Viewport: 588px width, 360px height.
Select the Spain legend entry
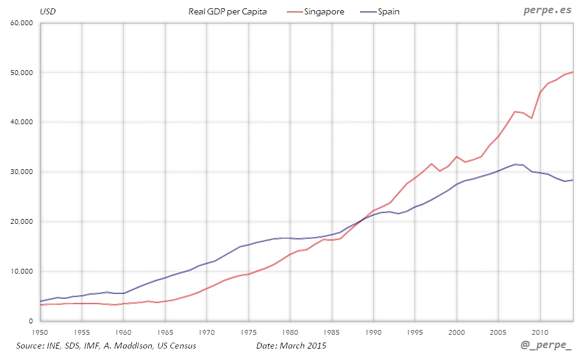pos(389,11)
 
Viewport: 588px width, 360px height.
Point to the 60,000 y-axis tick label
pos(22,23)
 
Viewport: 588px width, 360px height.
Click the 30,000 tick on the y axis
pos(22,172)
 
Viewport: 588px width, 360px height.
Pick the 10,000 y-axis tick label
pos(22,272)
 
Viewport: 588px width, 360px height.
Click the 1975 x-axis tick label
pos(248,331)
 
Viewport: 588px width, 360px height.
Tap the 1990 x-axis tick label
pos(373,331)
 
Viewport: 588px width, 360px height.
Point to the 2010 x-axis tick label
pos(540,331)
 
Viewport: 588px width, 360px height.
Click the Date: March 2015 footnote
pos(292,346)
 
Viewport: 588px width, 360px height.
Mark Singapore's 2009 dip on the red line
pos(532,118)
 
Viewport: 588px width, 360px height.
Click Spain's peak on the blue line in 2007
pos(515,164)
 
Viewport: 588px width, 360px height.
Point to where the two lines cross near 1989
pos(362,220)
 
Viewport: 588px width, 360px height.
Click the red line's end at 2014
pos(573,72)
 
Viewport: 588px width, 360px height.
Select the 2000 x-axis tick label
pos(457,331)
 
